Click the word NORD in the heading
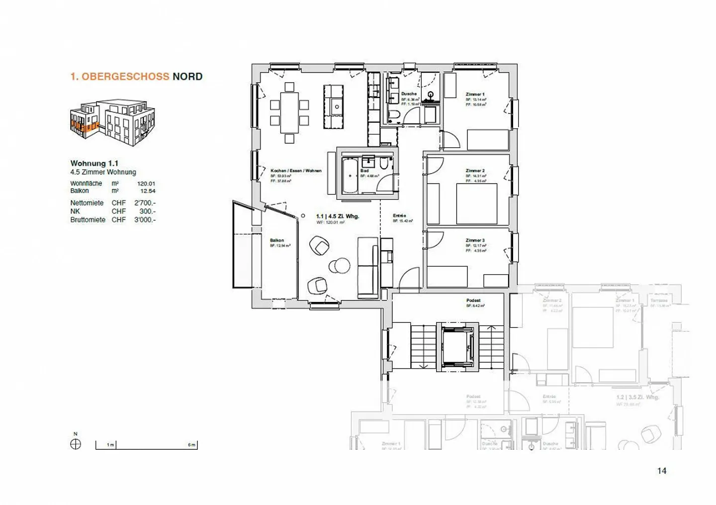point(187,77)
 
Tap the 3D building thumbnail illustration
point(112,122)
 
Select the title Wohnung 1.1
point(94,163)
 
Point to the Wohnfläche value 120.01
point(146,184)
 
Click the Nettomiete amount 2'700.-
point(145,203)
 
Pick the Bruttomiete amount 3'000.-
point(145,219)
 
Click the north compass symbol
point(76,444)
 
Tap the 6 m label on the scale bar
point(191,445)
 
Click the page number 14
point(661,471)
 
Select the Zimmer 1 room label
point(475,94)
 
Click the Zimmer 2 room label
point(475,171)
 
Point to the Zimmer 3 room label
point(475,240)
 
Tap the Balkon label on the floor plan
point(277,240)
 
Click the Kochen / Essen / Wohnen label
point(296,171)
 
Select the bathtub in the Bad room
point(350,176)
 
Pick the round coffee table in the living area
point(341,266)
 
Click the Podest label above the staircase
point(473,301)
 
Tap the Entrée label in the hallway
point(399,215)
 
